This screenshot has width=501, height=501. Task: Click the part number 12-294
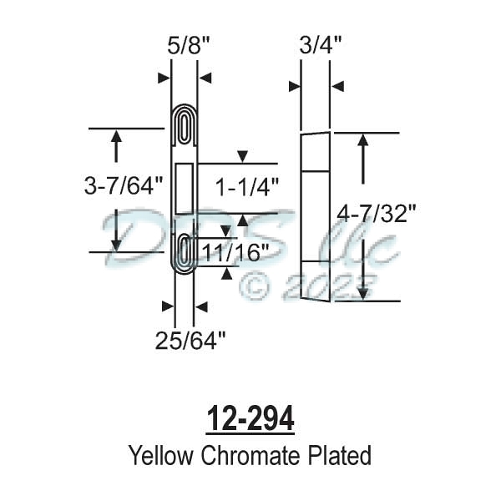click(x=250, y=420)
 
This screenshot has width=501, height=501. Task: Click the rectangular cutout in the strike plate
click(x=185, y=188)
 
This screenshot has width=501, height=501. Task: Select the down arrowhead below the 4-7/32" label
click(x=363, y=292)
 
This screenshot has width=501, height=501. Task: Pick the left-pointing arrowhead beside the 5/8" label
click(x=205, y=78)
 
